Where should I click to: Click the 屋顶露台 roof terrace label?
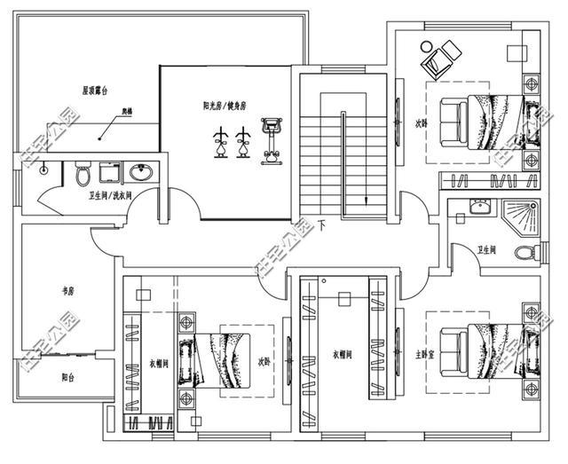tap(95, 90)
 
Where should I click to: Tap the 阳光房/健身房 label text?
tap(225, 106)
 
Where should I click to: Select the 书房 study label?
tap(65, 289)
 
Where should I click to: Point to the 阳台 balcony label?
tap(67, 376)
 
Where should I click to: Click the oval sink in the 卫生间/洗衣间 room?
tap(140, 172)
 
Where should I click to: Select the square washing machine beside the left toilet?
tap(110, 172)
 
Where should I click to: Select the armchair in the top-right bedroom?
tap(438, 59)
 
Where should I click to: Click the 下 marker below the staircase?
tap(322, 226)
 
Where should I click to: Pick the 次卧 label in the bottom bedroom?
tap(264, 362)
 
